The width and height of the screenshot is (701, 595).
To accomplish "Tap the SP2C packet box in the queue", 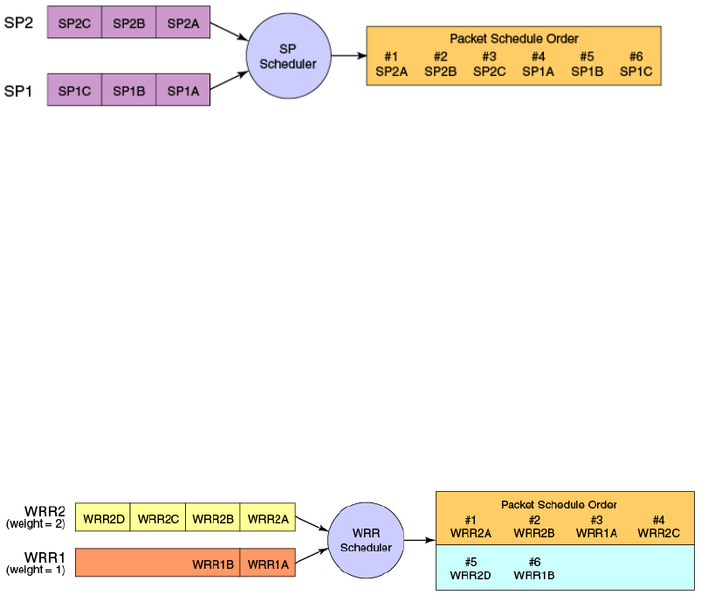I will pos(74,24).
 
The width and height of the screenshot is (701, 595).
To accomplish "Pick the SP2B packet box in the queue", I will pos(128,24).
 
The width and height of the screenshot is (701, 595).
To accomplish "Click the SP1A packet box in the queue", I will pos(183,90).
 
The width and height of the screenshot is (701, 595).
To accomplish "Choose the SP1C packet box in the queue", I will pos(74,90).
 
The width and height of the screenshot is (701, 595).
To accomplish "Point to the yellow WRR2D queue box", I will pos(102,518).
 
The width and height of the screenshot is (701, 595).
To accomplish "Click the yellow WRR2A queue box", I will pos(268,518).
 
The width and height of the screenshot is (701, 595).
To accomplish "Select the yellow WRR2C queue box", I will pos(158,518).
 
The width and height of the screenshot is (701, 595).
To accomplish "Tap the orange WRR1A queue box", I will pos(268,564).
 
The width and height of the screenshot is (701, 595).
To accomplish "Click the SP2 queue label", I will pos(19,23).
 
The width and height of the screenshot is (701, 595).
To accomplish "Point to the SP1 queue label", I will pos(19,90).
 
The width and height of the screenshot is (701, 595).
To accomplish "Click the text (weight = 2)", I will pos(36,524).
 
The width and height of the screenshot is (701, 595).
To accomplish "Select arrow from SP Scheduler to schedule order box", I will pos(348,56).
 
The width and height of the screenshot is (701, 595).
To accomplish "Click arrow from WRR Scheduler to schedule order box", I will pos(419,540).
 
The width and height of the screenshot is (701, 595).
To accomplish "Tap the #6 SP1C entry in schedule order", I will pos(636,64).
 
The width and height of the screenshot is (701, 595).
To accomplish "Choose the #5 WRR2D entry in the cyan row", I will pos(471,568).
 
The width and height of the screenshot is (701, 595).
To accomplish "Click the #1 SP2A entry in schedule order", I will pos(391,64).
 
